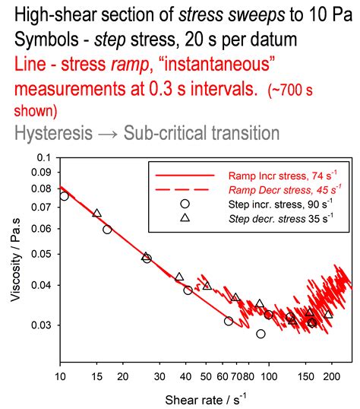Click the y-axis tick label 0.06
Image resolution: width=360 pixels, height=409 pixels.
click(40, 229)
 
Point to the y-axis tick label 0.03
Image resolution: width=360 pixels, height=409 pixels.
click(40, 325)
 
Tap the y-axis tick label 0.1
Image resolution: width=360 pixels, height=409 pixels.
click(43, 157)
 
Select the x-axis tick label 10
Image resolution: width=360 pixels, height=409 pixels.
click(61, 376)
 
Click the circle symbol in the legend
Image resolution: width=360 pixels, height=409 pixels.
click(185, 204)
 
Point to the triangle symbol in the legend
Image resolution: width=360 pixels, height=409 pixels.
click(185, 218)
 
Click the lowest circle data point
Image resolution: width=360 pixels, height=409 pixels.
click(261, 334)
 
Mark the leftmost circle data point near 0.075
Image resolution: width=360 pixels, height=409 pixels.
click(65, 196)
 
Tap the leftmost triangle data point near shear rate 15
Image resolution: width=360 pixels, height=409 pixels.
click(96, 213)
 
